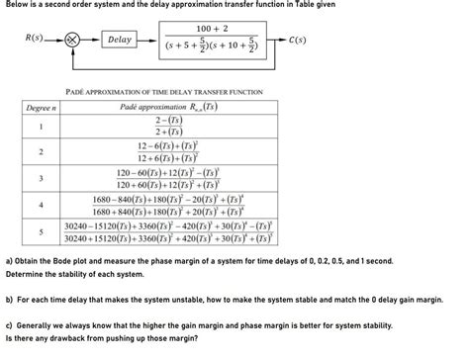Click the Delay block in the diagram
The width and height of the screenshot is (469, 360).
pyautogui.click(x=121, y=41)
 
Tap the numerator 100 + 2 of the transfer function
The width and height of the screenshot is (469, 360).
pyautogui.click(x=212, y=28)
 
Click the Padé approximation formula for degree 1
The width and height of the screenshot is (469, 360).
pyautogui.click(x=169, y=127)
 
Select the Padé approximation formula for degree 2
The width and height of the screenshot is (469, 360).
pyautogui.click(x=169, y=152)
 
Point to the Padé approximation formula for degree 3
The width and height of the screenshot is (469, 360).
pyautogui.click(x=169, y=178)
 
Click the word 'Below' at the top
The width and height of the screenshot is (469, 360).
pyautogui.click(x=17, y=5)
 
